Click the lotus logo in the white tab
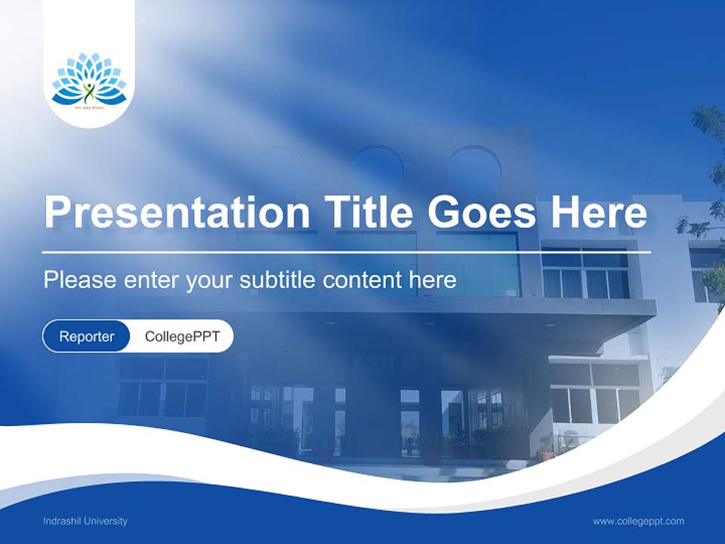(x=89, y=79)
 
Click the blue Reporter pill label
(x=87, y=336)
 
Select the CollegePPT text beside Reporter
(x=182, y=336)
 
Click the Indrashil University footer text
(x=85, y=521)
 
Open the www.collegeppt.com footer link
(x=638, y=521)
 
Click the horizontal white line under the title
(x=347, y=252)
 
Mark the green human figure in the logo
(x=89, y=92)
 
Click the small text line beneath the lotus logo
(x=89, y=108)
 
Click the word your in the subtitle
(x=209, y=281)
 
